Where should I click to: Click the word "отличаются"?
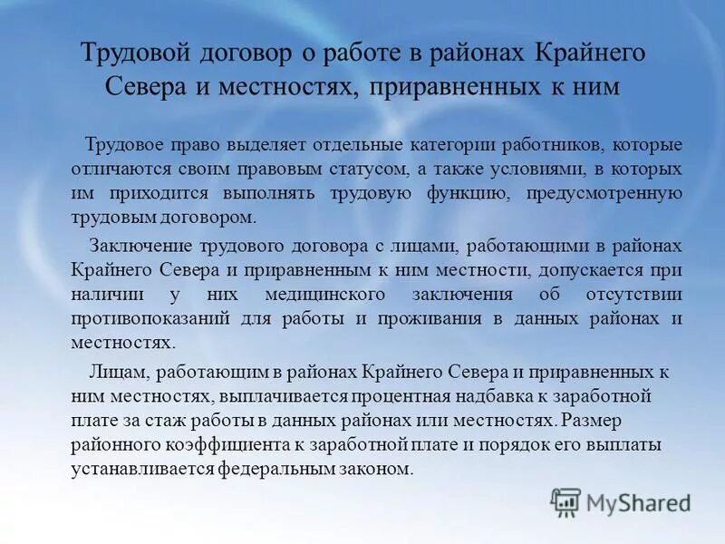(114, 170)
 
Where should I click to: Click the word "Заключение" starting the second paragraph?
(134, 246)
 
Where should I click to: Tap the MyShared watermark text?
(638, 502)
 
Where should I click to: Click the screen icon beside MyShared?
(565, 501)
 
